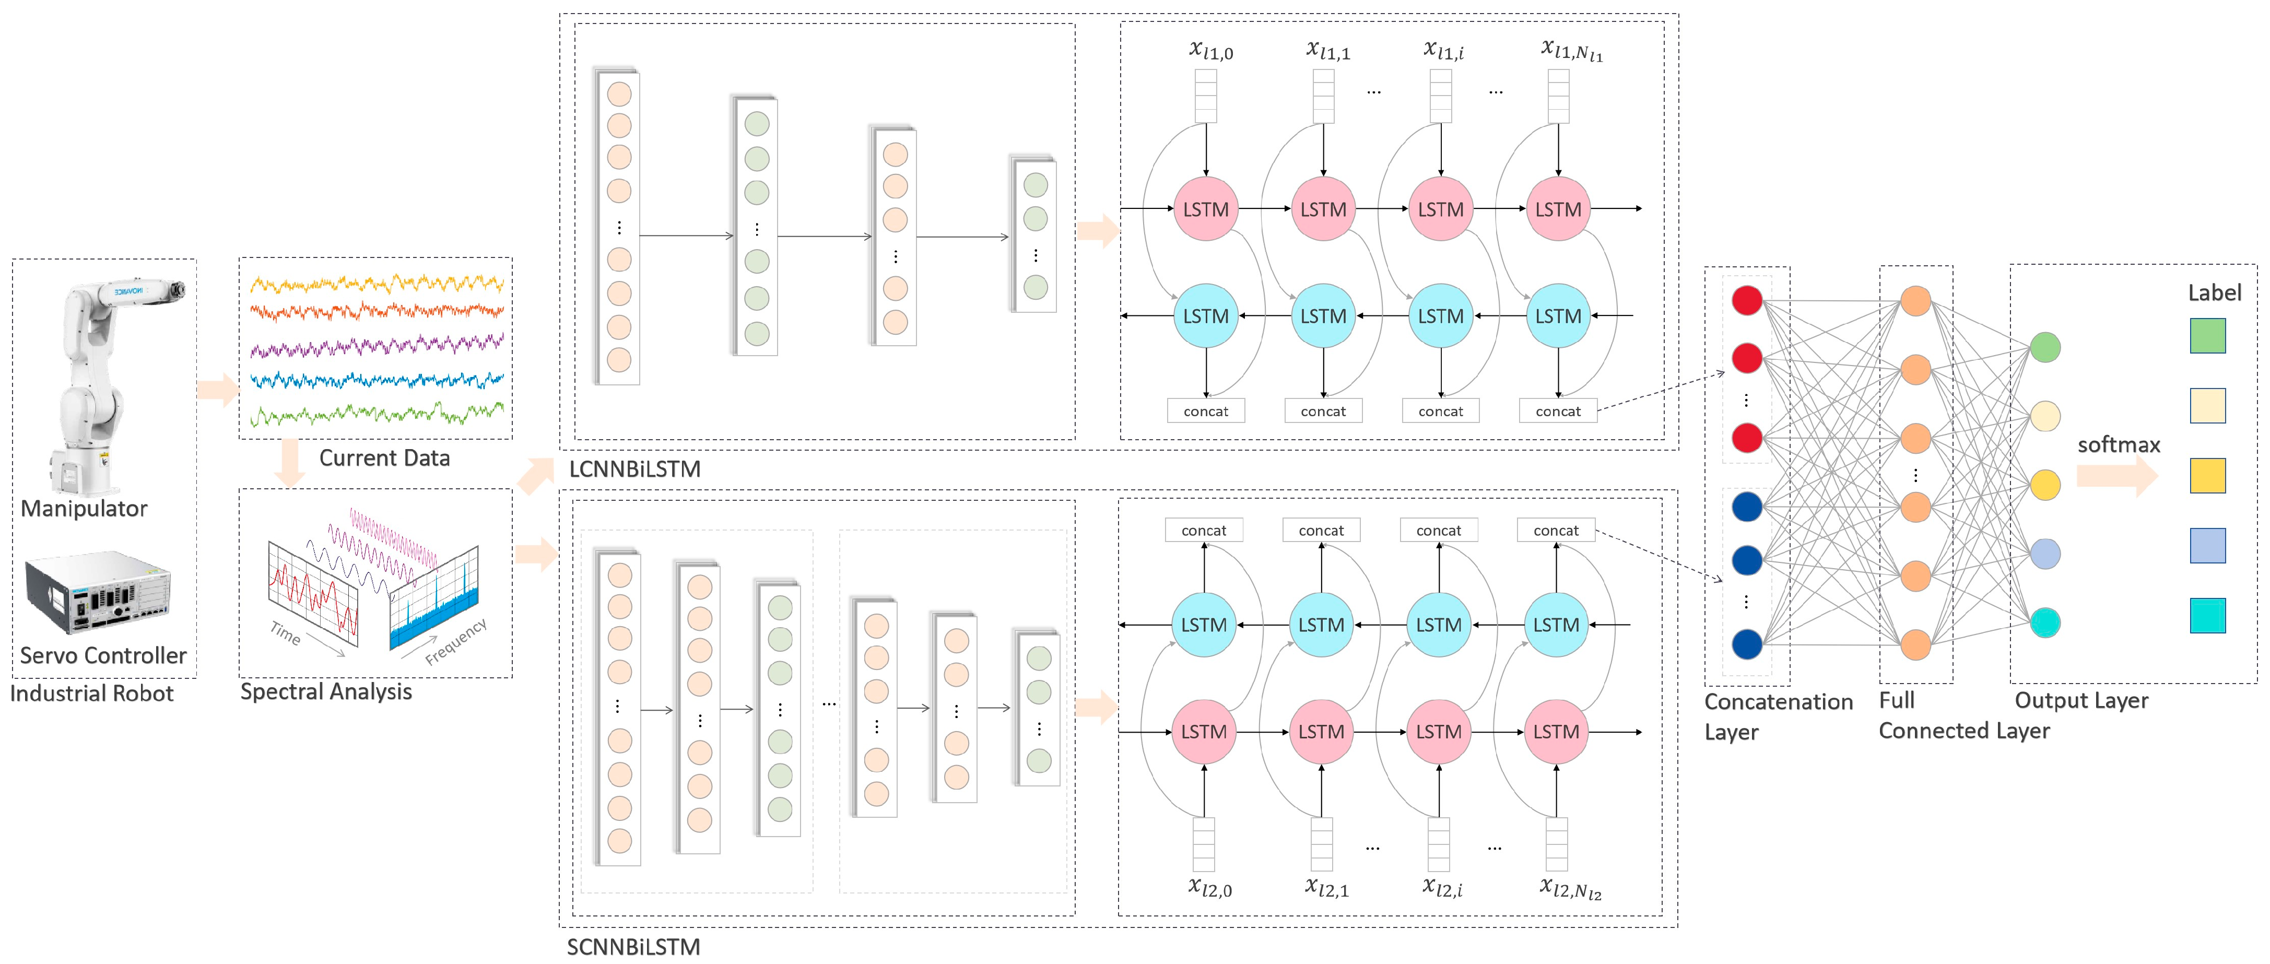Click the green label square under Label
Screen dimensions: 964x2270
pyautogui.click(x=2207, y=336)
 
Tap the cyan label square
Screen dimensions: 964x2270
pyautogui.click(x=2207, y=615)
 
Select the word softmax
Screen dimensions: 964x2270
pyautogui.click(x=2119, y=445)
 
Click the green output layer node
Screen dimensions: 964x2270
pyautogui.click(x=2045, y=347)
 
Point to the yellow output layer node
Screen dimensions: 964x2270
pyautogui.click(x=2045, y=485)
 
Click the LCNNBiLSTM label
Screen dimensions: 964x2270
pyautogui.click(x=634, y=469)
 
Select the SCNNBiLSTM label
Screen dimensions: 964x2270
pyautogui.click(x=633, y=947)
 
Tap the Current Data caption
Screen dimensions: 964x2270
pyautogui.click(x=384, y=458)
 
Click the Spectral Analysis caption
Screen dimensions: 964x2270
pyautogui.click(x=326, y=692)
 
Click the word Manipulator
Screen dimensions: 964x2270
pyautogui.click(x=84, y=509)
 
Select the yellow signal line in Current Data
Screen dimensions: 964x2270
pyautogui.click(x=377, y=284)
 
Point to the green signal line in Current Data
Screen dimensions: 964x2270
pyautogui.click(x=377, y=413)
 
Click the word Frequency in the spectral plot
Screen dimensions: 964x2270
pyautogui.click(x=455, y=641)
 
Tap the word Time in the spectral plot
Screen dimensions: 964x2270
pyautogui.click(x=285, y=633)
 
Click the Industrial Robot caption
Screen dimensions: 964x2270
pyautogui.click(x=92, y=693)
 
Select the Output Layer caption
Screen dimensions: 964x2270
pyautogui.click(x=2081, y=700)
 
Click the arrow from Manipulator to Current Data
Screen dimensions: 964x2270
pyautogui.click(x=217, y=390)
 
